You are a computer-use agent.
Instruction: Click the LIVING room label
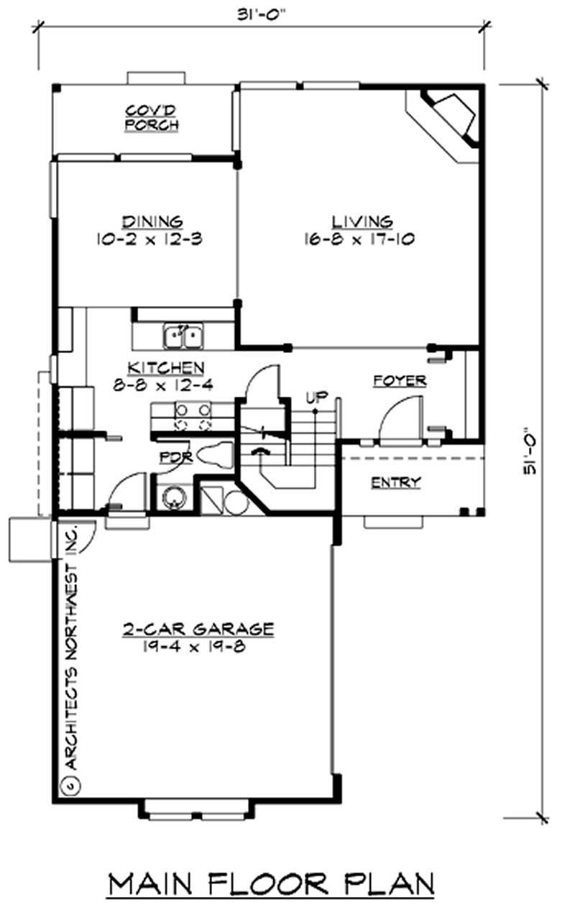(x=362, y=221)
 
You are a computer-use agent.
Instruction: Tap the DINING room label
(x=152, y=221)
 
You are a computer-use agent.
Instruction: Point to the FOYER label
(x=400, y=381)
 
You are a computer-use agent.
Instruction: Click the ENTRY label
(x=395, y=482)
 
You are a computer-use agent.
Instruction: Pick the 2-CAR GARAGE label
(x=197, y=630)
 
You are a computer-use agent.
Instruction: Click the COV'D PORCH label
(x=151, y=118)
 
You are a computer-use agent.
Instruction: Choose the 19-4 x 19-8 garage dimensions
(x=195, y=646)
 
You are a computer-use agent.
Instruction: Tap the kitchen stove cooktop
(x=193, y=418)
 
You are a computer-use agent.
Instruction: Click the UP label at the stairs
(x=314, y=396)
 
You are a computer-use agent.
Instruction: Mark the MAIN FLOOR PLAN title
(x=271, y=884)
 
